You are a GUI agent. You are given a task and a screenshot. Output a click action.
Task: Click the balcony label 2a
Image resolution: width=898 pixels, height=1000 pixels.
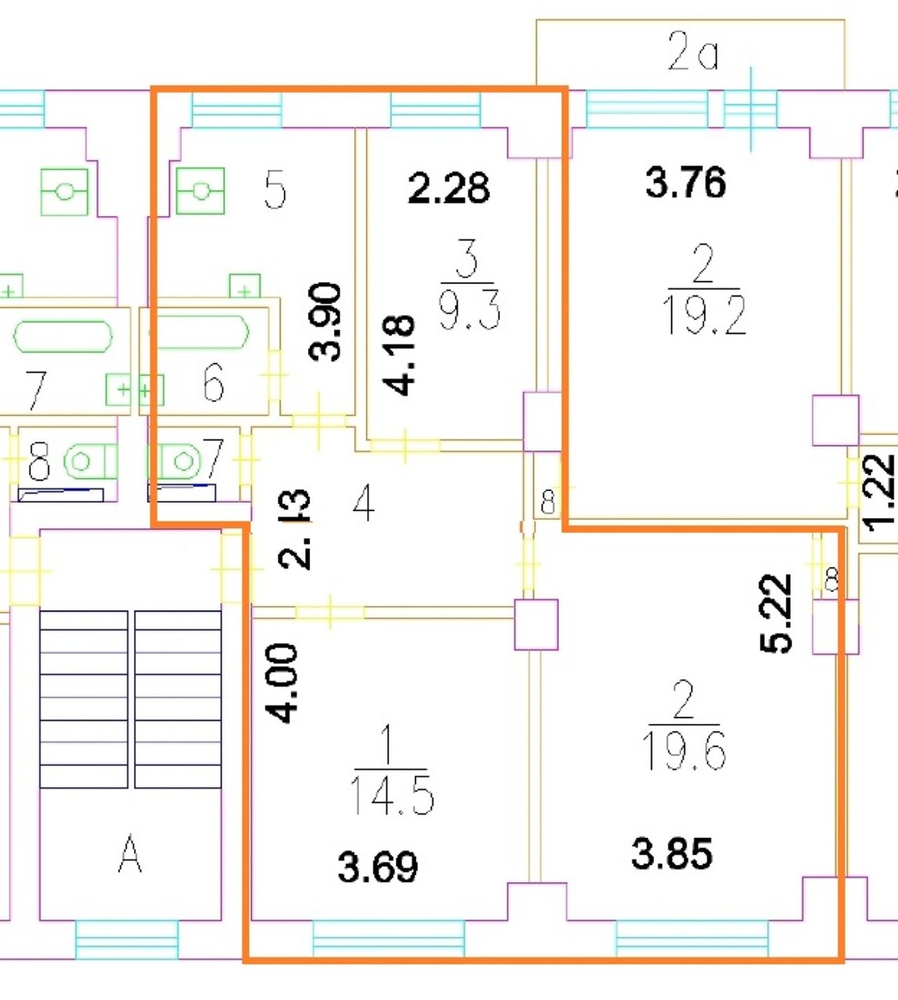click(692, 51)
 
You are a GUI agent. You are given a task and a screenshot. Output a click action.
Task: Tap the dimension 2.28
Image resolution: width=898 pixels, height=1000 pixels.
click(448, 187)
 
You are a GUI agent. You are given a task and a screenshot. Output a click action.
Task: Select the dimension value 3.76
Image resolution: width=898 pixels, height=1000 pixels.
click(685, 182)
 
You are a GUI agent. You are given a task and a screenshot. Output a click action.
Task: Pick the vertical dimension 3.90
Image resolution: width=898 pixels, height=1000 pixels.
click(325, 322)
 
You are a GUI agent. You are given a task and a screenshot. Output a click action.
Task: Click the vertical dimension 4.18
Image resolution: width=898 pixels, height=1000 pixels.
click(398, 355)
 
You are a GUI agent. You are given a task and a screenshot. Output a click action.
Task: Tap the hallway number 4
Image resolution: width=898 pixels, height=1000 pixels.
click(363, 504)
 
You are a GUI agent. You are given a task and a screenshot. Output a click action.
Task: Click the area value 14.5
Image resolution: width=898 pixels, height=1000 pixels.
click(391, 795)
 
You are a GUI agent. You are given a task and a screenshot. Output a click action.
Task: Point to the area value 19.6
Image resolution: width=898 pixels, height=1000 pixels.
click(685, 750)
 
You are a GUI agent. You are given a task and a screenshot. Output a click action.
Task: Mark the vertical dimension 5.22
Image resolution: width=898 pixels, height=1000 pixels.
click(775, 614)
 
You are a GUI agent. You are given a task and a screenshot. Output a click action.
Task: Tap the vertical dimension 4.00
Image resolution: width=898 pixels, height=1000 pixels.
click(281, 683)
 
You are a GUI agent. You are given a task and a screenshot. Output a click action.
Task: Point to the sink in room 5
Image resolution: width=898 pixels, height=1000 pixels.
click(201, 191)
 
